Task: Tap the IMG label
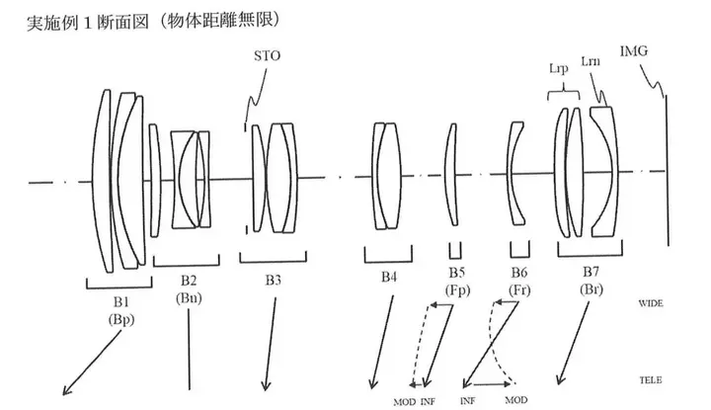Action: pos(633,49)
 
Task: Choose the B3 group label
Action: pos(272,281)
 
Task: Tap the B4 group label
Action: pos(389,279)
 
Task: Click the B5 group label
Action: pos(455,274)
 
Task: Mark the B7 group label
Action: pos(590,273)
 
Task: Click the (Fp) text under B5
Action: pos(455,290)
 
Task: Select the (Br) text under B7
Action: pos(591,289)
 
